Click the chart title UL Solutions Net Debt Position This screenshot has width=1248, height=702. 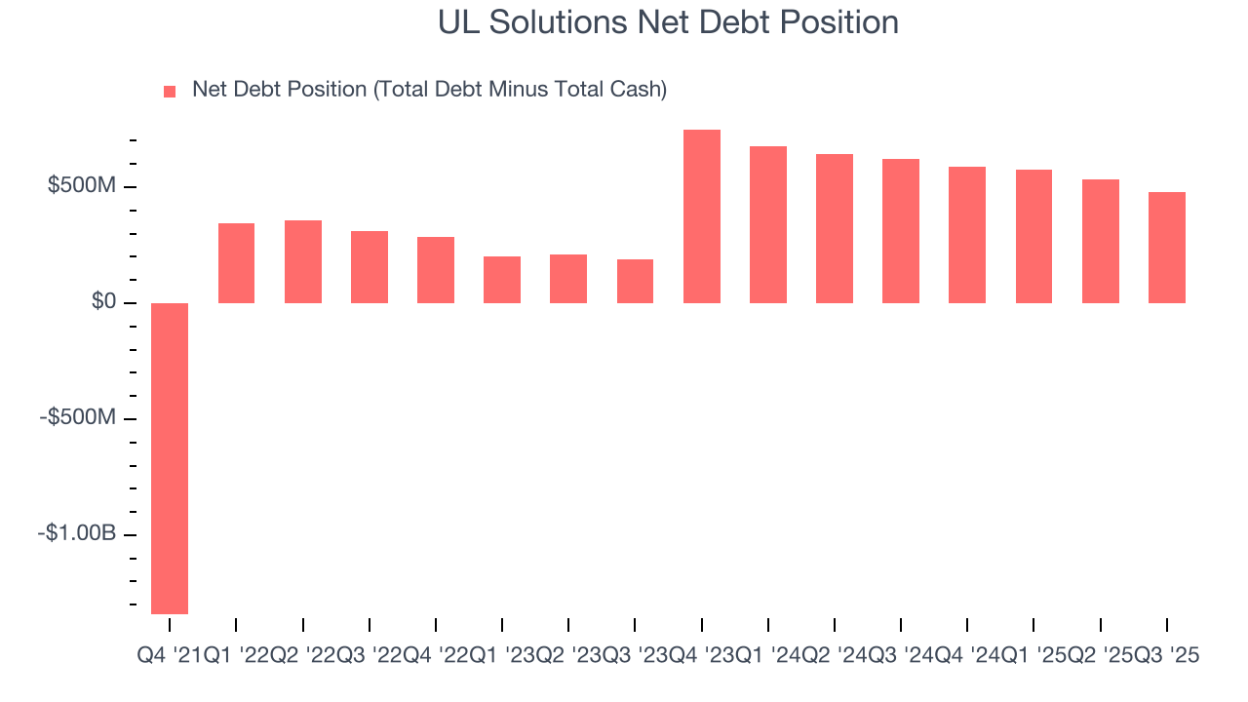click(x=668, y=22)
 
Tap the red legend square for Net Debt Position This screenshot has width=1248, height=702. click(x=170, y=91)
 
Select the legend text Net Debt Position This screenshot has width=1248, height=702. click(x=429, y=90)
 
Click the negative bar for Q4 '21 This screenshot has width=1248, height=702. click(x=170, y=458)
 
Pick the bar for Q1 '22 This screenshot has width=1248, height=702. click(x=236, y=263)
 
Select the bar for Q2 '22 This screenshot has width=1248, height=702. click(x=303, y=261)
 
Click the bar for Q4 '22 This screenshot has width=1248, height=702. click(x=436, y=270)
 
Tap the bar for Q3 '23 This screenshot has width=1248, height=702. click(x=635, y=281)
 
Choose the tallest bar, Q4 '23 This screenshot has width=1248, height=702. click(x=702, y=216)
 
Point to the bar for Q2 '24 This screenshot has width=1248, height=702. click(x=835, y=228)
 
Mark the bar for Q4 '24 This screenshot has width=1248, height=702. click(x=967, y=235)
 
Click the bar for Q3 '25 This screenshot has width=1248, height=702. click(x=1167, y=248)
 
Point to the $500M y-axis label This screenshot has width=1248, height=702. click(x=82, y=186)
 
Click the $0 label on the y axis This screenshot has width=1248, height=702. click(x=103, y=302)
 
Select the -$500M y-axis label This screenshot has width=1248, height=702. click(x=78, y=418)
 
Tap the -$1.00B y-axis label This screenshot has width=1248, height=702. click(x=77, y=534)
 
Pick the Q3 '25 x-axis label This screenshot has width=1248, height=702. click(x=1166, y=657)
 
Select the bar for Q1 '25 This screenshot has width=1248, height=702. click(x=1033, y=236)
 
